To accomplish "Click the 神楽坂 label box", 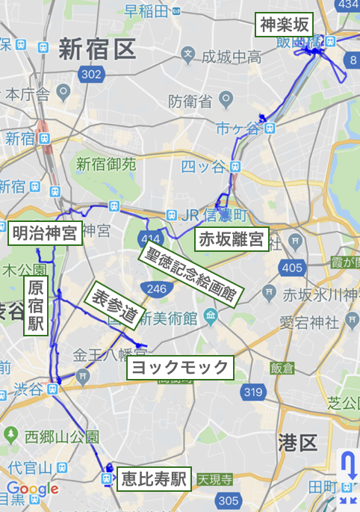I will coord(284,25).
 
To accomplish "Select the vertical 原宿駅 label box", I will coord(35,306).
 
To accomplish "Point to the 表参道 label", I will coord(114,306).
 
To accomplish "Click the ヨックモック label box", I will coord(179,367).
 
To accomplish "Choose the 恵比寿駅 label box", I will coord(153,478).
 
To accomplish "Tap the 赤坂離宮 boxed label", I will coord(230,239).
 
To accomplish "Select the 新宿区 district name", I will coord(97,50).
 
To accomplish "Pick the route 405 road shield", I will coord(292,268).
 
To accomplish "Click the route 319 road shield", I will coord(253,391).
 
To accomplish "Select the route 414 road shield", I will coord(146,238).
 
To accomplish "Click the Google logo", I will coord(31,490).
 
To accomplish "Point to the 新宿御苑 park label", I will coord(105,164).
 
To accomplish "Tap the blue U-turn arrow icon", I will coord(348,467).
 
